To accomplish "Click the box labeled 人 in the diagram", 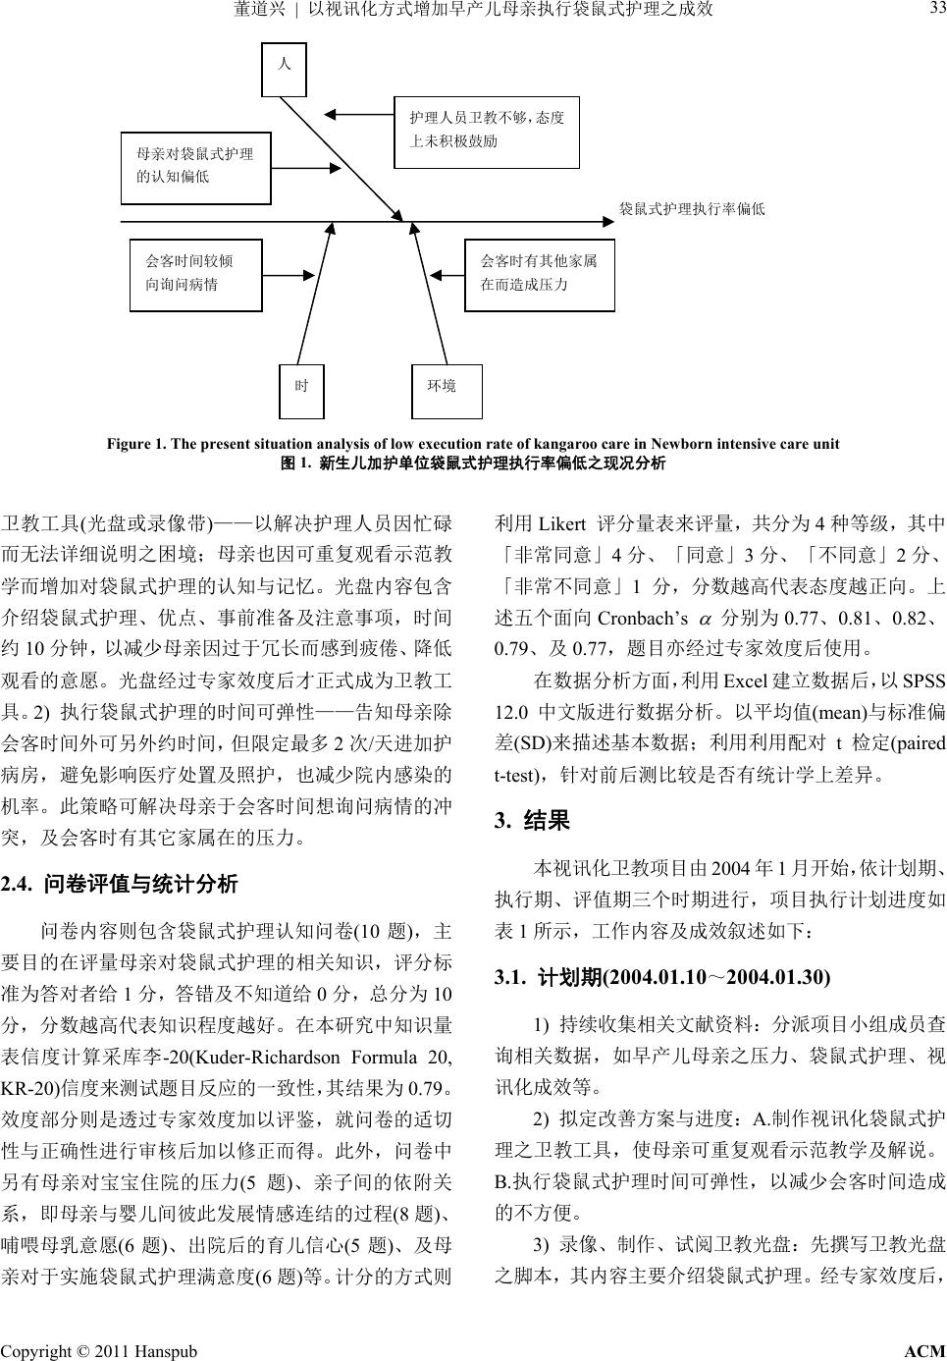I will click(x=285, y=64).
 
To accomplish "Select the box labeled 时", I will click(x=302, y=386).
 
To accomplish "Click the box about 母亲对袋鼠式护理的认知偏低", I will click(x=195, y=166).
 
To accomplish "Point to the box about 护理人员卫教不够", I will click(x=486, y=131).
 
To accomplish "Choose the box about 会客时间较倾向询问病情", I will click(x=196, y=273).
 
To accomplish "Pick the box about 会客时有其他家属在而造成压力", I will click(x=539, y=273).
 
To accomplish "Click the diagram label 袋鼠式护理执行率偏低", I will click(x=691, y=209).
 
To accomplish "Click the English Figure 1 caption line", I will click(x=473, y=443).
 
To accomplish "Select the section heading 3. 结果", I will click(x=533, y=821).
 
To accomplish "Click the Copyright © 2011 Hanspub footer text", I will click(x=98, y=1351).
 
